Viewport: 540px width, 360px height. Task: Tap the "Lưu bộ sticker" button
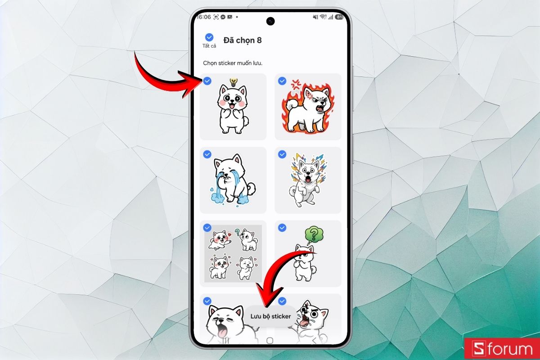[270, 316]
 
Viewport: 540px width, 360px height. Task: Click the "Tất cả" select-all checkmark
[209, 37]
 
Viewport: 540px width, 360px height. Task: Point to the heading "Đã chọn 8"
[243, 40]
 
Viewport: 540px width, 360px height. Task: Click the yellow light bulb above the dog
[233, 82]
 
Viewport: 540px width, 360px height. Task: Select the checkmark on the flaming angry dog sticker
[282, 81]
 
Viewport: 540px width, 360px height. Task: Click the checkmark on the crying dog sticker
[207, 154]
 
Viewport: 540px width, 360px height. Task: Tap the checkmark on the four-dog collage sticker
[207, 228]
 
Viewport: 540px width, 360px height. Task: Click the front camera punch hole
[270, 21]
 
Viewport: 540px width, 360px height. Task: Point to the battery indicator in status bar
[339, 17]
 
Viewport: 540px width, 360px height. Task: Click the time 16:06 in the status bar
[204, 17]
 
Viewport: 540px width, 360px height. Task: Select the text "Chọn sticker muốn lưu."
[232, 63]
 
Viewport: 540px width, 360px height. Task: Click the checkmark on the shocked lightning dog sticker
[282, 154]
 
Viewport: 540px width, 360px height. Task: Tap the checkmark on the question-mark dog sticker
[282, 228]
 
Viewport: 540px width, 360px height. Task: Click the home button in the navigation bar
[270, 339]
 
